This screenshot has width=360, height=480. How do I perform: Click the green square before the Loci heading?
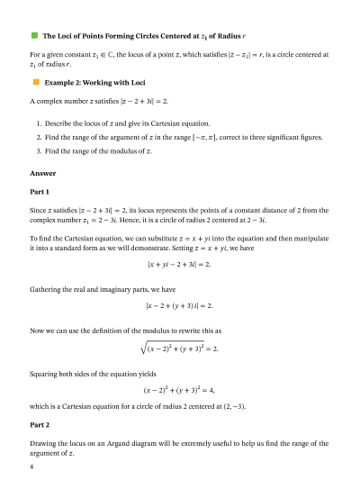coord(34,36)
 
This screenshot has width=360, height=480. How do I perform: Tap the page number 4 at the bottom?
coord(31,466)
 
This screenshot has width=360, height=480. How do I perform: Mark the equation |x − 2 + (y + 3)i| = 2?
coord(179,306)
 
